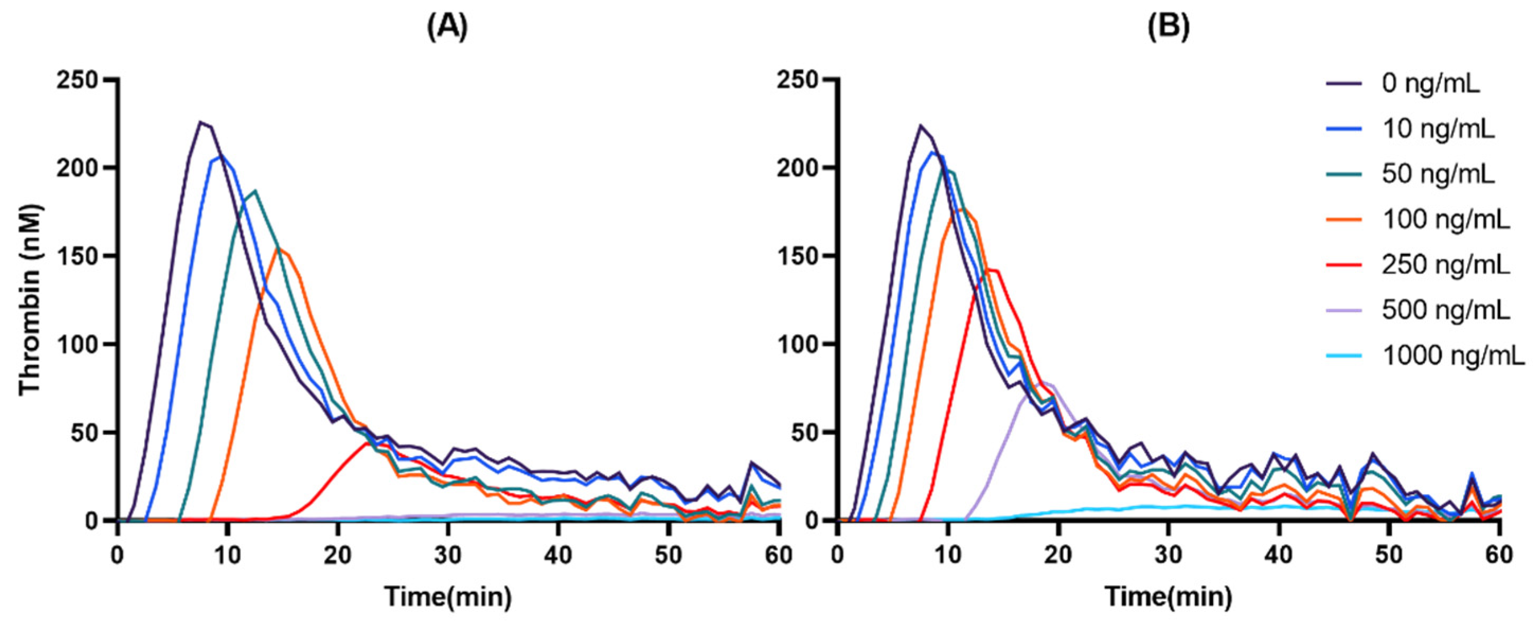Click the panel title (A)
coord(448,28)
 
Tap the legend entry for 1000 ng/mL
coord(1454,356)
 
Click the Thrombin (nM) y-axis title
coord(30,300)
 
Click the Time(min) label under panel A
coord(448,597)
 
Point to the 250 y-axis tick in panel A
coord(83,79)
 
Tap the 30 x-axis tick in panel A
coord(448,555)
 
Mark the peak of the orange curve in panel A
coord(277,248)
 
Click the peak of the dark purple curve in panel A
coord(201,122)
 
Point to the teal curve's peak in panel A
coord(255,191)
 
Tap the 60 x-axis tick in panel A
coord(779,555)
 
